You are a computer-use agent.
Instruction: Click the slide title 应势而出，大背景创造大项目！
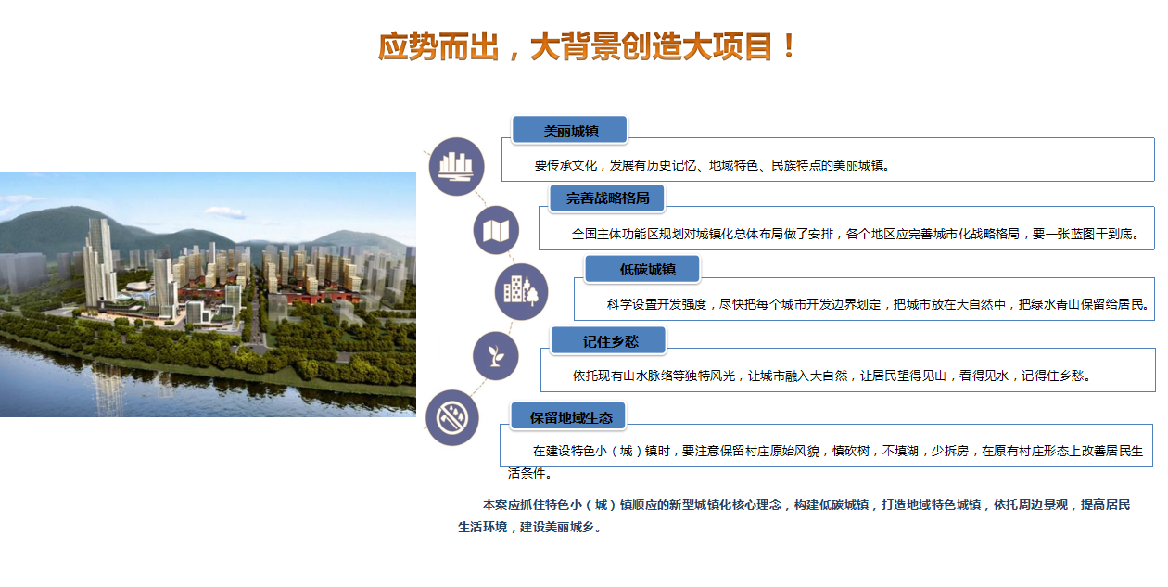tap(587, 46)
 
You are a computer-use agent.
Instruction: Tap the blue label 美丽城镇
tap(570, 130)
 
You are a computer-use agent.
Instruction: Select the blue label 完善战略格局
tap(607, 198)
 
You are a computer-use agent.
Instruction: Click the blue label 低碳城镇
tap(641, 269)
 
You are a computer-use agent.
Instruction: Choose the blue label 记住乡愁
tap(608, 340)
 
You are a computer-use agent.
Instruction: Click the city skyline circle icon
tap(456, 166)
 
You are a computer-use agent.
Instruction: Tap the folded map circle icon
tap(496, 230)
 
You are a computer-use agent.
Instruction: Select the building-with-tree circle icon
tap(521, 291)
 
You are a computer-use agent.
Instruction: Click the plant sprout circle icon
tap(495, 356)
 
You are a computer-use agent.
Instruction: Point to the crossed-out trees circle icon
tap(452, 417)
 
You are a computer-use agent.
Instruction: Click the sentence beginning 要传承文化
tap(712, 165)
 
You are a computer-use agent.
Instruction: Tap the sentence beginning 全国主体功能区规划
tap(856, 234)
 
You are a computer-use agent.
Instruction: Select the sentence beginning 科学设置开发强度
tap(878, 304)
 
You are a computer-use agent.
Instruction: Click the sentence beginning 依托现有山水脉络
tap(832, 376)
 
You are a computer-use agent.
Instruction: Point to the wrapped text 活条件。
tap(530, 473)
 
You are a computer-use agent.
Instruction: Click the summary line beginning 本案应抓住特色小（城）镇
tap(806, 504)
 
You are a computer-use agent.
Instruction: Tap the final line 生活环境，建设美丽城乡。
tap(530, 527)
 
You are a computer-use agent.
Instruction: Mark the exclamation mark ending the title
tap(789, 46)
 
